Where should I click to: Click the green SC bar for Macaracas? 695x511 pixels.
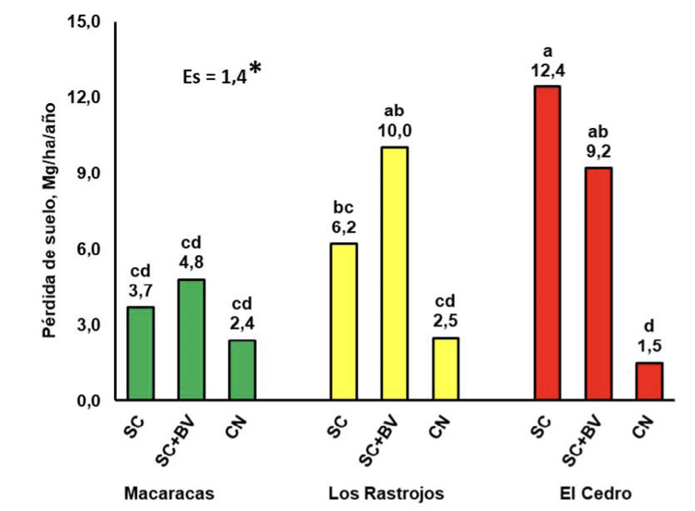click(x=140, y=353)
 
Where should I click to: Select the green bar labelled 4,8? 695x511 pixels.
click(x=191, y=339)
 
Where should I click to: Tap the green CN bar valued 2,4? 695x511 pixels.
click(x=242, y=370)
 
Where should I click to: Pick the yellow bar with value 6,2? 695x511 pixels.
click(x=343, y=322)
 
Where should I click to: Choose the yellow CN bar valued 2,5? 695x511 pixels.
click(x=445, y=369)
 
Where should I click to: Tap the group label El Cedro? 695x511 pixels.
click(x=598, y=493)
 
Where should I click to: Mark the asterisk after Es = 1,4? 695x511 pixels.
click(x=255, y=70)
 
